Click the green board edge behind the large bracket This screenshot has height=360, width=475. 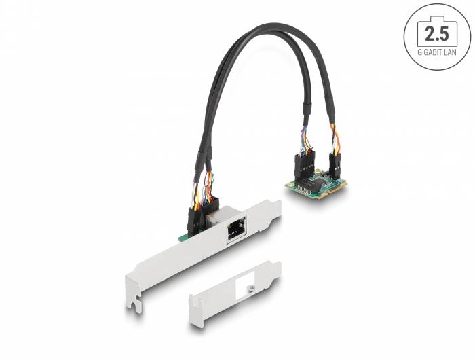pos(182,236)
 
